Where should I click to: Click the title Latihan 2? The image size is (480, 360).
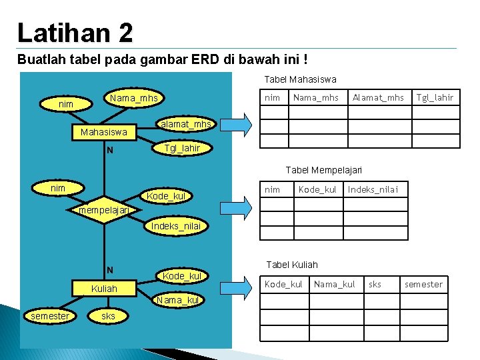[75, 31]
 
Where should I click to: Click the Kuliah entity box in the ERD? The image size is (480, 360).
[103, 289]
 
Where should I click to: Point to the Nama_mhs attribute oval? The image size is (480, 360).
[134, 99]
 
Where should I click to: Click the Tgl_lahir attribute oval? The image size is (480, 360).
[182, 148]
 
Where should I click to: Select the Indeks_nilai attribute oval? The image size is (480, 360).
[175, 226]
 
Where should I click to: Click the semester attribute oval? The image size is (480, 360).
[50, 316]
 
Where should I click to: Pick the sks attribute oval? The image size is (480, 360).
[108, 316]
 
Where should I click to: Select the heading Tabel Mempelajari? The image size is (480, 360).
[323, 171]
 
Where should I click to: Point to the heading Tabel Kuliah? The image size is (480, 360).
[292, 265]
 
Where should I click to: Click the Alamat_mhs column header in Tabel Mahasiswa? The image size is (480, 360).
[378, 98]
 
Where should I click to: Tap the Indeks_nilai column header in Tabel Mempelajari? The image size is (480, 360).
[373, 190]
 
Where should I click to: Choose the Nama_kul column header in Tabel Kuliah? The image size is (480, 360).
[334, 285]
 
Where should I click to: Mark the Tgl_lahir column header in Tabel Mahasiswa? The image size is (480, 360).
[435, 98]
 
